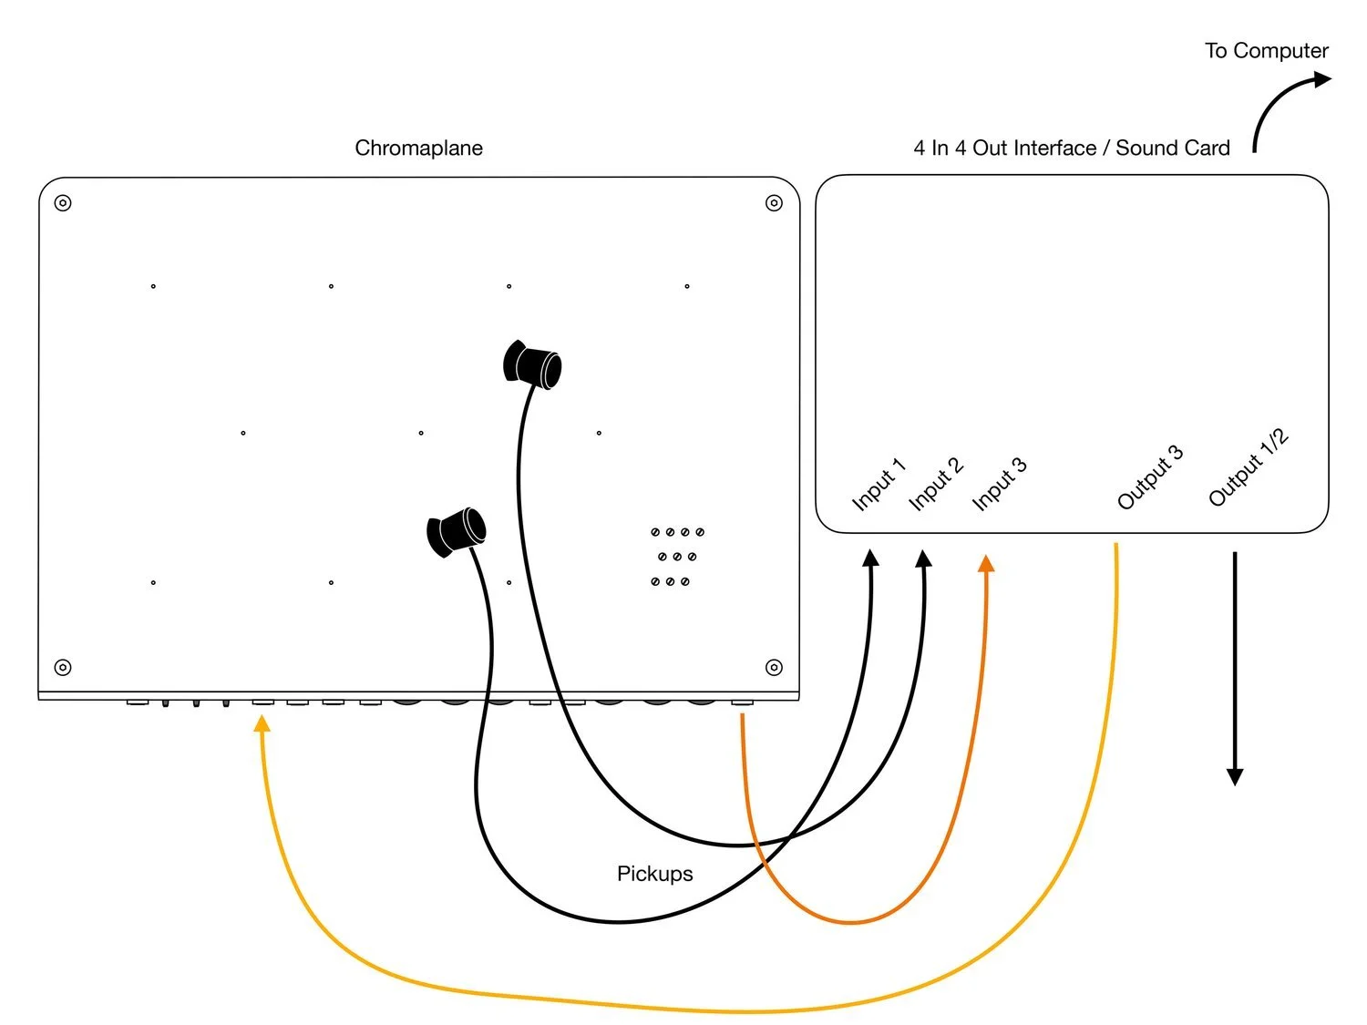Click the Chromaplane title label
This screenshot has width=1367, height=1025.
pos(418,148)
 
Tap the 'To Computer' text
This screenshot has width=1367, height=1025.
pos(1266,51)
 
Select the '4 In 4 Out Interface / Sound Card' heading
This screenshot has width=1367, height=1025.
pos(1072,148)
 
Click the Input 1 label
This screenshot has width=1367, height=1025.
pos(879,485)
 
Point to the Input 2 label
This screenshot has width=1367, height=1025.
pos(936,484)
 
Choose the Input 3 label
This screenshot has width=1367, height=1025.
pos(999,484)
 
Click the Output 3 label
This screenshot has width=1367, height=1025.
pos(1150,477)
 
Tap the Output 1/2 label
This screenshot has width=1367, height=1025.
pos(1249,467)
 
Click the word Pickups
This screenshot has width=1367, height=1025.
pos(654,874)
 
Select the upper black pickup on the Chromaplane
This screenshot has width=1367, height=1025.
pos(533,365)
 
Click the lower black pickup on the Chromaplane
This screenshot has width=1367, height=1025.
pos(457,531)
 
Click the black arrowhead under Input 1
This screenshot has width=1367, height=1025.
pos(871,558)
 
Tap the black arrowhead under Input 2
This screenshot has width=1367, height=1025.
pos(924,558)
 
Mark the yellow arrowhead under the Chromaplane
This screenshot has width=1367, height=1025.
pos(262,723)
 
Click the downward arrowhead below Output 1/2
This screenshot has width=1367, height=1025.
pos(1235,776)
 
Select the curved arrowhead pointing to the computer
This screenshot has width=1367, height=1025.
pos(1321,79)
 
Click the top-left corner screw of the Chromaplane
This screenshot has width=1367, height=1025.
pos(63,202)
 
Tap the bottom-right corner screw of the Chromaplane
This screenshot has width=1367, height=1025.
pos(774,668)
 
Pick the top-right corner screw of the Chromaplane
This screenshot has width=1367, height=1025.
pos(774,202)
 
